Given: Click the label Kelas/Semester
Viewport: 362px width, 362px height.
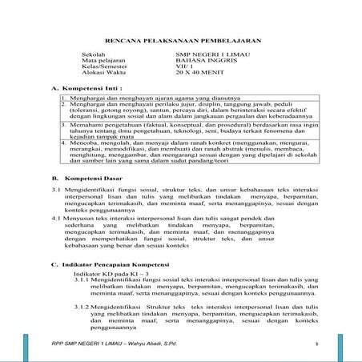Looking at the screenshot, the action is click(100, 68).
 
